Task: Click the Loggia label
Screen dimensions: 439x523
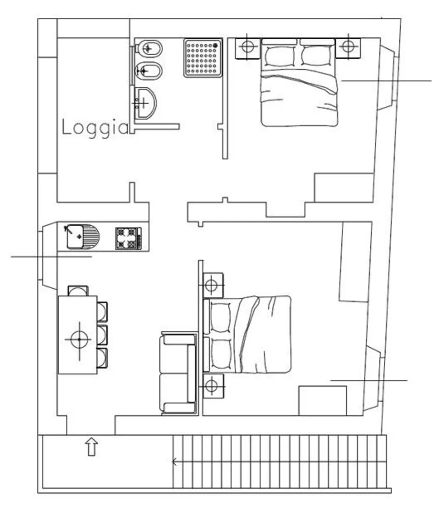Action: (x=95, y=128)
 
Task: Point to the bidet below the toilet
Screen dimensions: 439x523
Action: (x=148, y=71)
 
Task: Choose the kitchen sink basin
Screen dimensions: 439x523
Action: (x=75, y=236)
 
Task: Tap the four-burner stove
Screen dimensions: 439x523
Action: (x=128, y=238)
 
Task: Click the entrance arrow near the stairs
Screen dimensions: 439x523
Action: (x=91, y=447)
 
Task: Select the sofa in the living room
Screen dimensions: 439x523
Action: (x=178, y=373)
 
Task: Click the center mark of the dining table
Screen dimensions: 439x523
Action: (x=79, y=339)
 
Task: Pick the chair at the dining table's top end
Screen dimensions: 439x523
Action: (x=78, y=291)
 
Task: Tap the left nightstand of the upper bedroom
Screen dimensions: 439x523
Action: (x=247, y=48)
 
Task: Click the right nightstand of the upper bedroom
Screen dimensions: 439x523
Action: (x=348, y=48)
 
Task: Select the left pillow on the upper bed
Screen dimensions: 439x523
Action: (x=280, y=56)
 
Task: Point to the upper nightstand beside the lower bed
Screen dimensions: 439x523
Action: (x=213, y=285)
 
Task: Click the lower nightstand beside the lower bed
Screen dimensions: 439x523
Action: (x=213, y=386)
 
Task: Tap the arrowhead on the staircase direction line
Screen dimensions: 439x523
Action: (x=174, y=462)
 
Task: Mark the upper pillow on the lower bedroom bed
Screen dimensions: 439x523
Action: (x=221, y=318)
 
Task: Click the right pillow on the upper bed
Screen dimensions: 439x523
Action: (x=317, y=56)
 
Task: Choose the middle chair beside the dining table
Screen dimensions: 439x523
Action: (x=102, y=335)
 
